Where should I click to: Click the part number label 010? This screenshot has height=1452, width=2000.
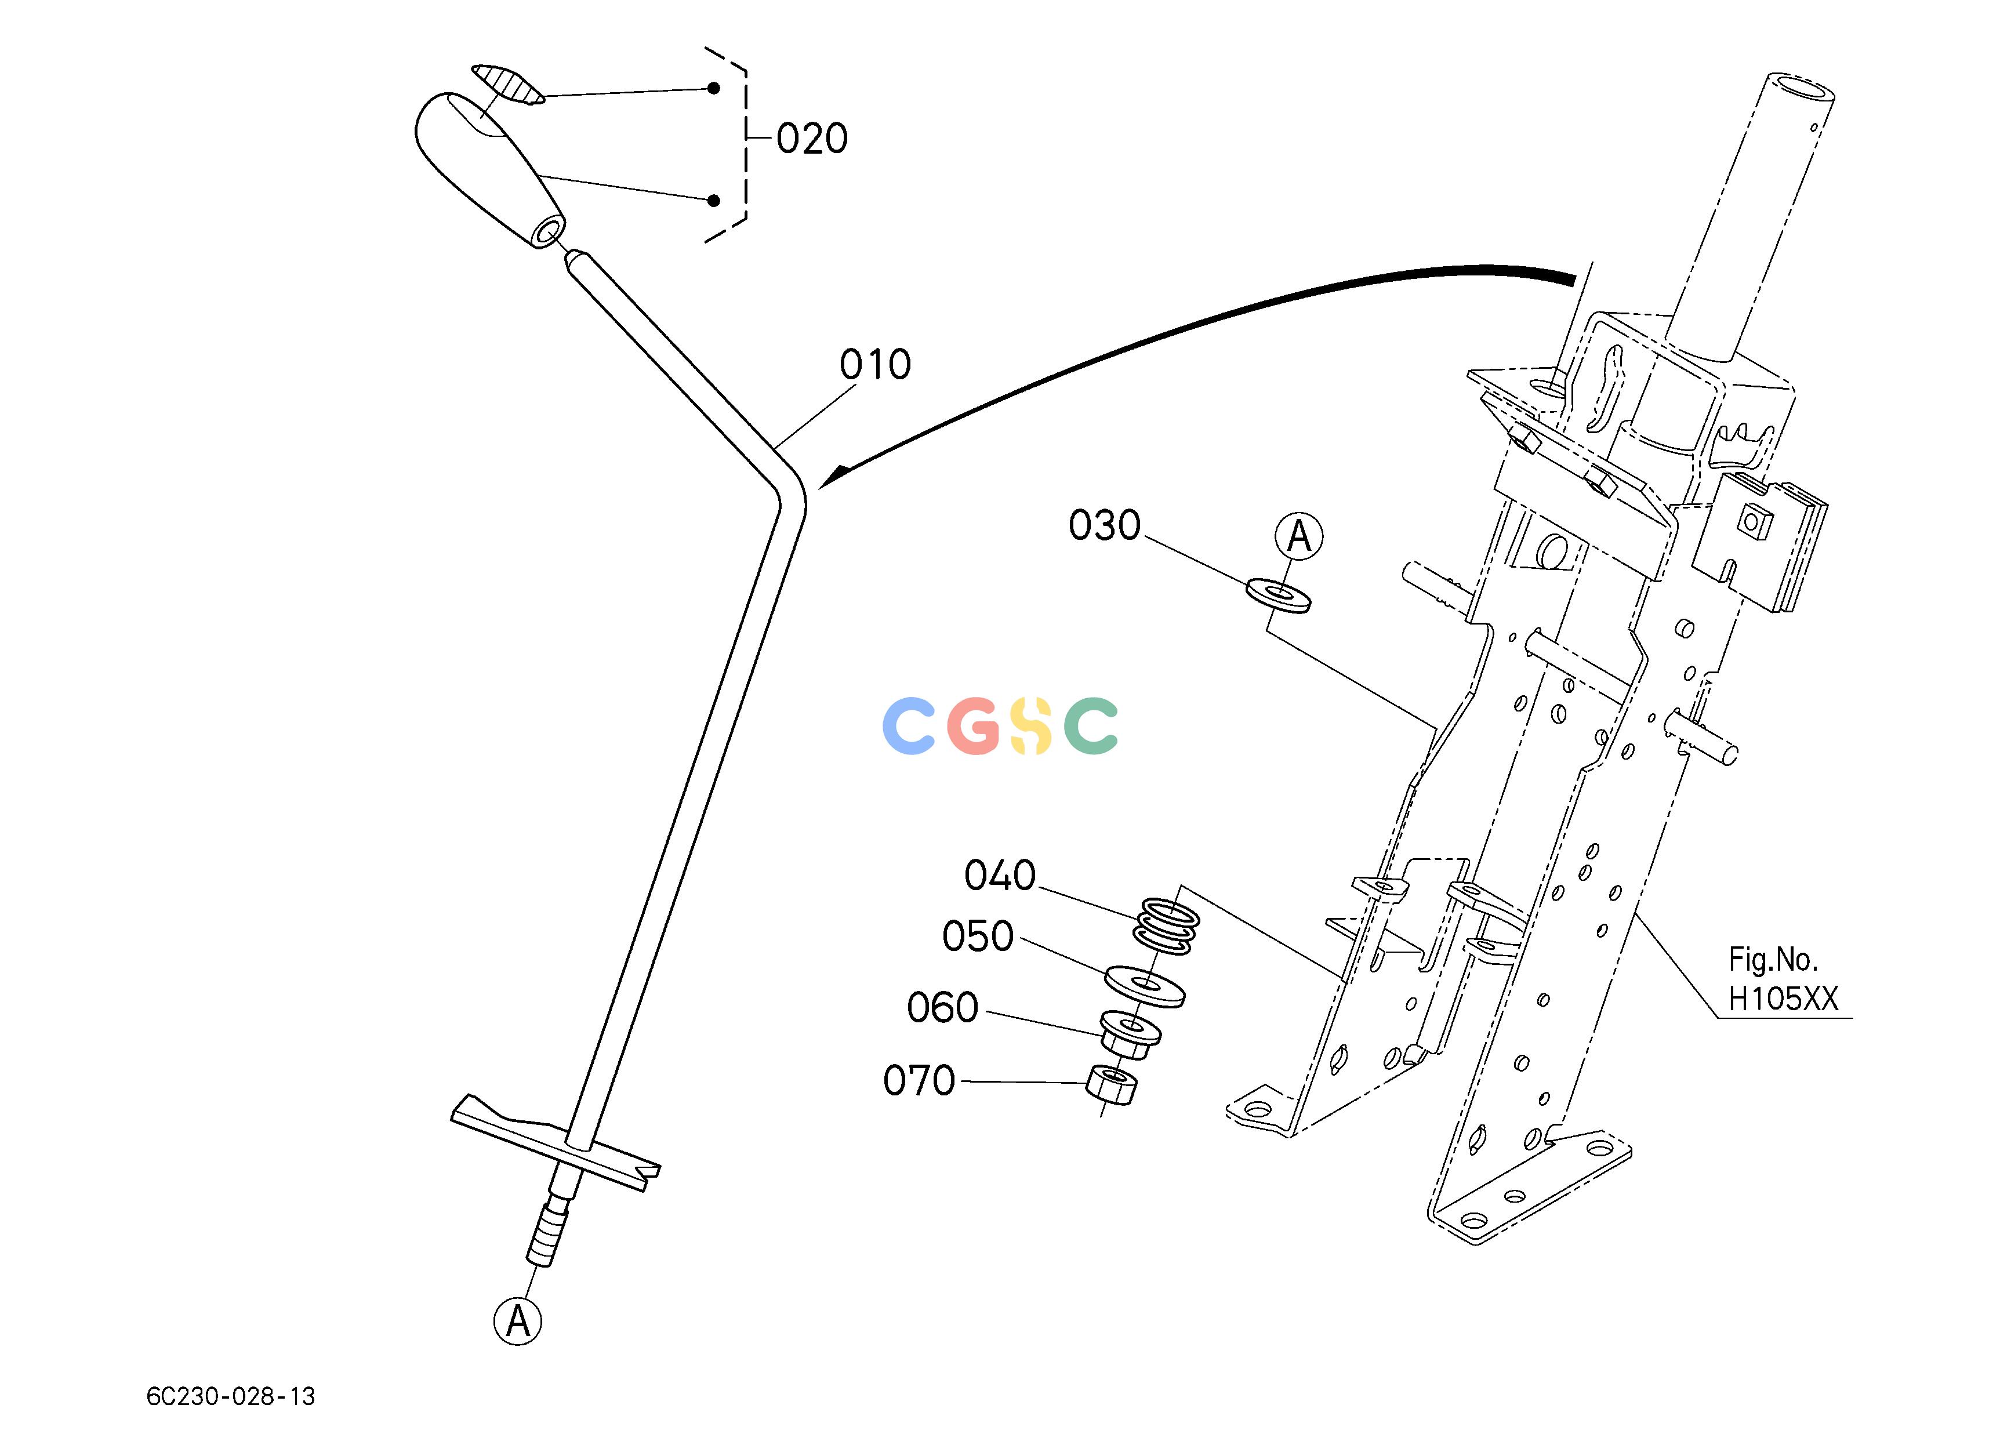(875, 365)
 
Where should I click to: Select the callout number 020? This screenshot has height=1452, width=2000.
(812, 139)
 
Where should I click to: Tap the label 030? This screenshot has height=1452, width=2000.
(1104, 527)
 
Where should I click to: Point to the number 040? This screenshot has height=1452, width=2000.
(1000, 876)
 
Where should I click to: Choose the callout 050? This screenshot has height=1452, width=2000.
(978, 936)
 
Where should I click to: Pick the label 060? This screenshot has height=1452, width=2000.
(943, 1008)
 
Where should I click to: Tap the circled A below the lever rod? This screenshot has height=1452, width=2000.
(518, 1320)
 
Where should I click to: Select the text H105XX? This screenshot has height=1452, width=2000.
(1783, 999)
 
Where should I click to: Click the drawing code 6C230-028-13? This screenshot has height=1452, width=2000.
(231, 1396)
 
